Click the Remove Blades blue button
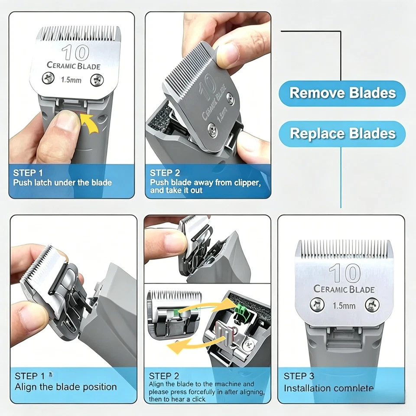(x=342, y=94)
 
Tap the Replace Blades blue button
(x=342, y=134)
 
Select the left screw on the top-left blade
(x=48, y=78)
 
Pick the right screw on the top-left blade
(x=97, y=80)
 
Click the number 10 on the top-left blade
(x=75, y=52)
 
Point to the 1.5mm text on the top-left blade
(x=71, y=80)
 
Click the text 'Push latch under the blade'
(x=62, y=182)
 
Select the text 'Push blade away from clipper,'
(x=205, y=182)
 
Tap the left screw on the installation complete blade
(x=317, y=304)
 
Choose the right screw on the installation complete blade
(x=372, y=305)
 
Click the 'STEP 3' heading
(x=299, y=376)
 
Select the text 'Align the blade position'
(x=66, y=387)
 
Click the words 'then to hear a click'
(x=177, y=399)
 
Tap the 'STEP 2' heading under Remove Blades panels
(x=165, y=173)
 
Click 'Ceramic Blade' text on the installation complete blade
(x=344, y=289)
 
